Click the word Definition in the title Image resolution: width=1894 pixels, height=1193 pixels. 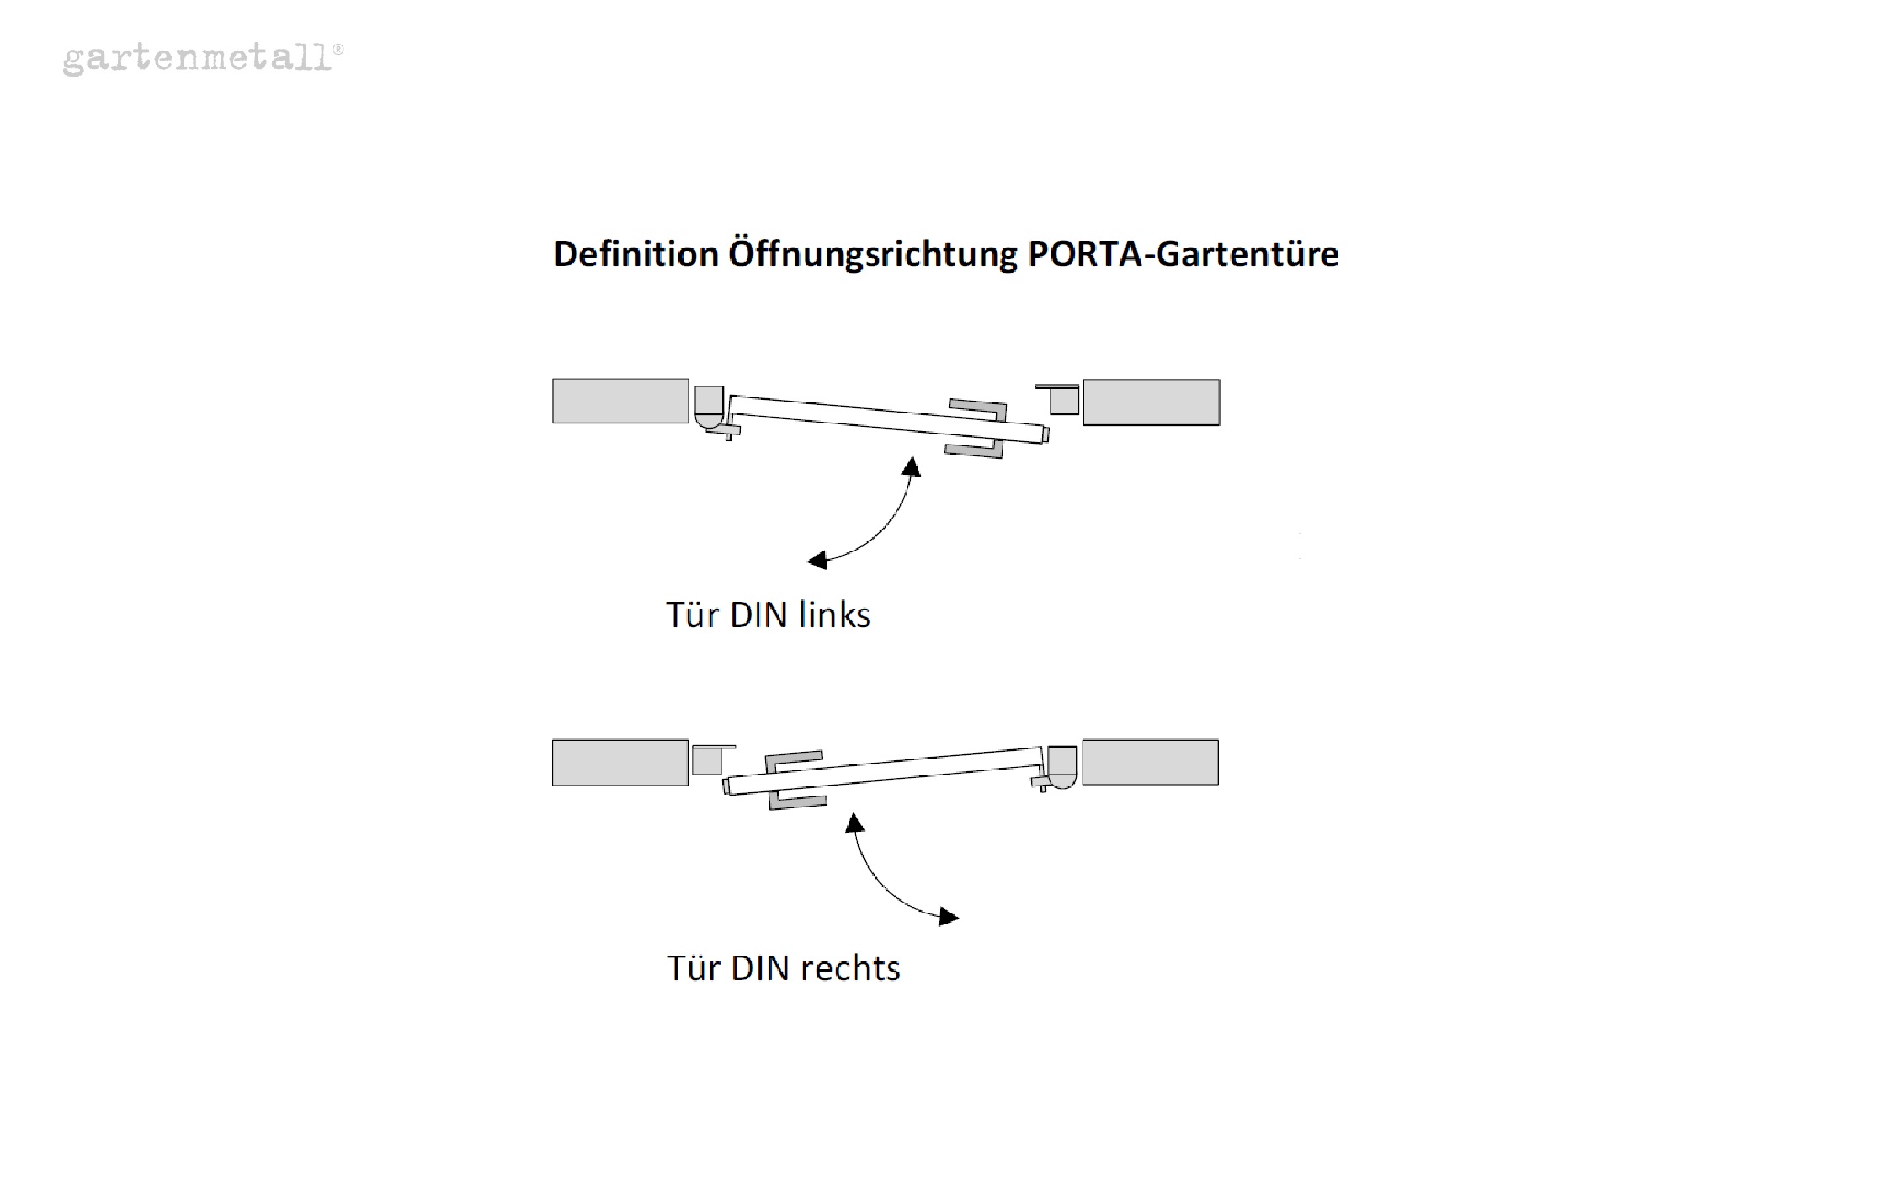pyautogui.click(x=636, y=254)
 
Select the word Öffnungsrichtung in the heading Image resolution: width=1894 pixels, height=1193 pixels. pyautogui.click(x=872, y=254)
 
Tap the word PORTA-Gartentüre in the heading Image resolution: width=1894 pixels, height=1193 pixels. pyautogui.click(x=1183, y=254)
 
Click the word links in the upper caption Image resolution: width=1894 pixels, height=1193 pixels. pyautogui.click(x=834, y=615)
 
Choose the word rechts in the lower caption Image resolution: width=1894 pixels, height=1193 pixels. pyautogui.click(x=850, y=969)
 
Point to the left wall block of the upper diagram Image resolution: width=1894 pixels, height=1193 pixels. pyautogui.click(x=620, y=401)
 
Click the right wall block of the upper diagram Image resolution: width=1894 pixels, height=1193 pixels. pyautogui.click(x=1151, y=402)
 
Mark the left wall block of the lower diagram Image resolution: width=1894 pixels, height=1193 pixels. pyautogui.click(x=620, y=763)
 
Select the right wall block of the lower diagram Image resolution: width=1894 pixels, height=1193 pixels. pyautogui.click(x=1150, y=763)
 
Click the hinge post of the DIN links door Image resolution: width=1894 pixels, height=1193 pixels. pyautogui.click(x=709, y=405)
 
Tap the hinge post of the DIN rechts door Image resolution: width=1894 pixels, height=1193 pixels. pyautogui.click(x=1061, y=766)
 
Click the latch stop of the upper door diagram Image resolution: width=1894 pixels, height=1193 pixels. pyautogui.click(x=1063, y=401)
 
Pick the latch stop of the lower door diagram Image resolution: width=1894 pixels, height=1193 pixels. pyautogui.click(x=707, y=760)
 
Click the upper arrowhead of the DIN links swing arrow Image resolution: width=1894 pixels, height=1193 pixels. pyautogui.click(x=912, y=466)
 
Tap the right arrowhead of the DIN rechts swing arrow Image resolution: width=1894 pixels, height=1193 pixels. pyautogui.click(x=949, y=917)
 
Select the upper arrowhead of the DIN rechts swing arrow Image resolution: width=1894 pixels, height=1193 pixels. pyautogui.click(x=854, y=823)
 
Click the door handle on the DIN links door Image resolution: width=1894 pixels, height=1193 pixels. pyautogui.click(x=976, y=429)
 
